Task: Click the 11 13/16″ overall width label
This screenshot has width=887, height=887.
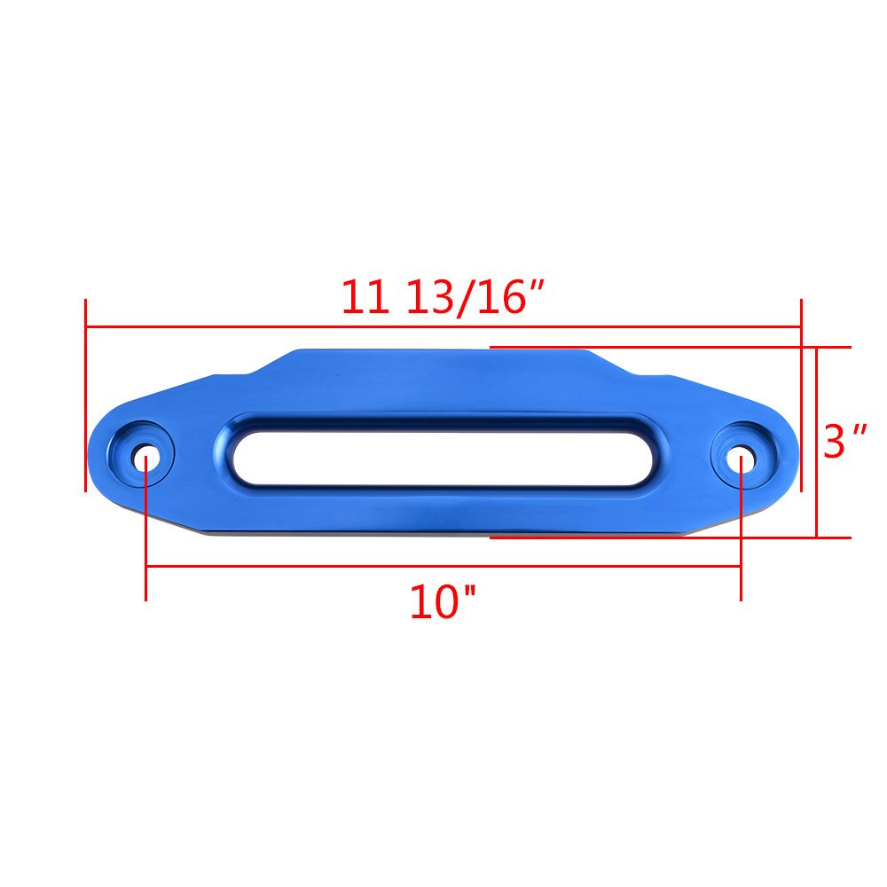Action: click(442, 297)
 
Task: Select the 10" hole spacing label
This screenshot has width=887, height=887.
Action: click(442, 603)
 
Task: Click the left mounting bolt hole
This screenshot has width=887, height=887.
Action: click(146, 458)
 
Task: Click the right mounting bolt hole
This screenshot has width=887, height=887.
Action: click(741, 458)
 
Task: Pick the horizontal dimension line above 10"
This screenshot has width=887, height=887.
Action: click(443, 567)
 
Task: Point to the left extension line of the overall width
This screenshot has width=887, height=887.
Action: click(85, 395)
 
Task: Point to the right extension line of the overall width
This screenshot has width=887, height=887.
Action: click(801, 395)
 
